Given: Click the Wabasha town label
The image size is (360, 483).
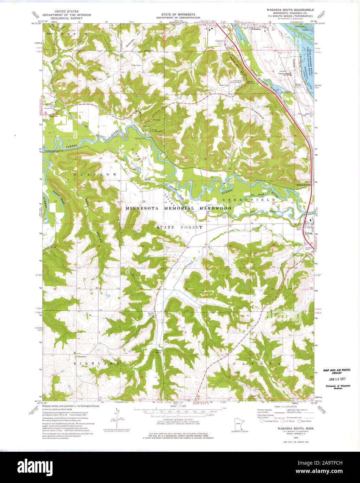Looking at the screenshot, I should coord(256,30).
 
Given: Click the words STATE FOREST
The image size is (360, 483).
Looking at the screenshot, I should coord(179,227).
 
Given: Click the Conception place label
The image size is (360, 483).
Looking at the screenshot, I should coord(81,356).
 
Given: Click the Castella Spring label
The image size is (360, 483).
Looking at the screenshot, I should coord(151,314).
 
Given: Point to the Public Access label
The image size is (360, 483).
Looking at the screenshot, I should coord(140,138).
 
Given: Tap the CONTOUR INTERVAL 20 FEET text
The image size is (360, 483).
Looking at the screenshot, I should coord(178,420).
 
